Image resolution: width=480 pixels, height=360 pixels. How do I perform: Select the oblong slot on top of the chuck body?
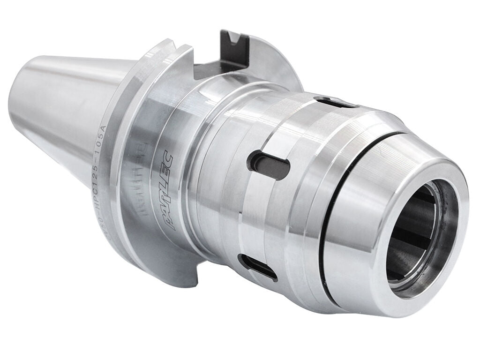coord(335,102)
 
